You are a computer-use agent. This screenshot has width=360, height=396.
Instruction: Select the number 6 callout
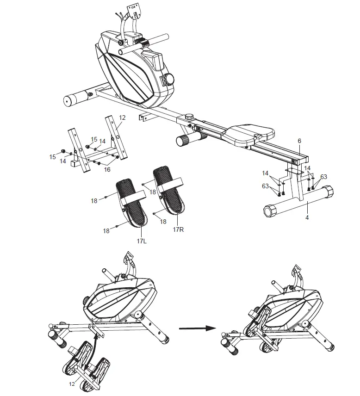tap(299, 141)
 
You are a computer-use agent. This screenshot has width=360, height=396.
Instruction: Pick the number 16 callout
tap(107, 170)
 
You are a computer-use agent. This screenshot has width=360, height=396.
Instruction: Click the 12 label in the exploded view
tap(121, 118)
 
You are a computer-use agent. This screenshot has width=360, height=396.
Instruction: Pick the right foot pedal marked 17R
tap(168, 190)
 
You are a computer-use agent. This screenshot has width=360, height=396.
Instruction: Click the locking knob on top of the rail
tap(189, 117)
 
